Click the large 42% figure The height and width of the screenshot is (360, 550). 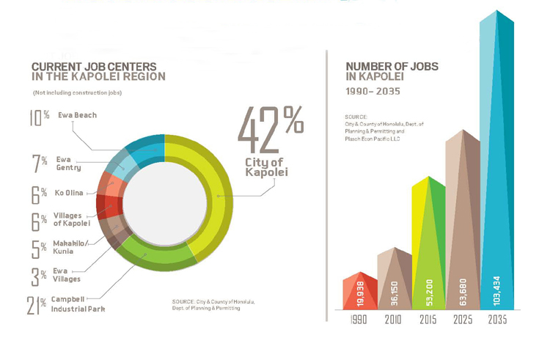269,128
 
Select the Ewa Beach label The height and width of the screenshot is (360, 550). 77,115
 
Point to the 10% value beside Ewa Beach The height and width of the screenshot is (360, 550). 40,118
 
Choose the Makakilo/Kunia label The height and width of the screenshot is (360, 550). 70,247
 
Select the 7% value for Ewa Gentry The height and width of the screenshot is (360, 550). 40,162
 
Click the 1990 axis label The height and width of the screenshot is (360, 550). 358,321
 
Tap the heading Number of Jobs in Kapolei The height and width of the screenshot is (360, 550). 392,71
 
